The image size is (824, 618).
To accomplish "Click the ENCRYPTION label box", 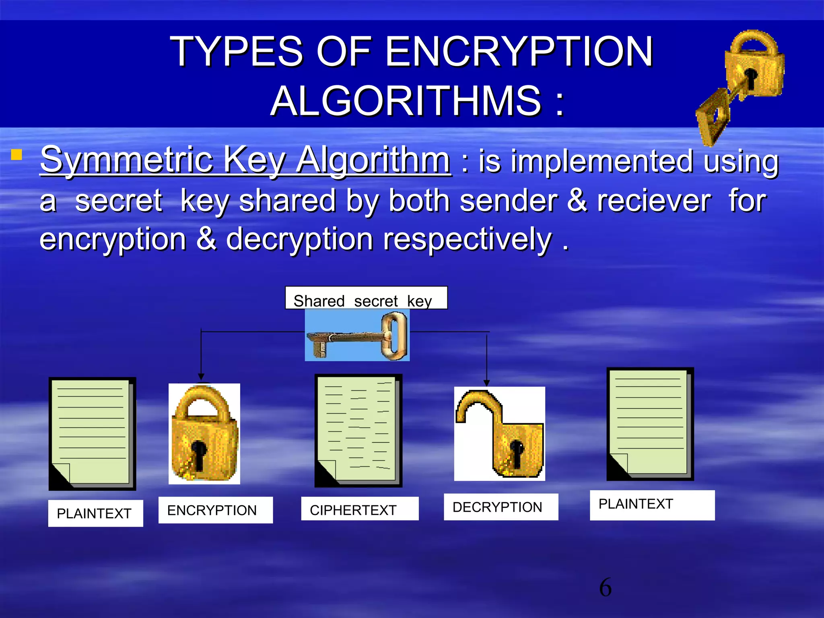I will (x=215, y=510).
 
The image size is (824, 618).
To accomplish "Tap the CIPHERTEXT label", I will (x=360, y=509).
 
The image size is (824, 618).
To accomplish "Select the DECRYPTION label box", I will (x=501, y=507).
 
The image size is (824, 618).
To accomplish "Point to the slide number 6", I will (x=605, y=587).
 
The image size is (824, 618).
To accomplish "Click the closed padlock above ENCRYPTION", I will (x=204, y=434).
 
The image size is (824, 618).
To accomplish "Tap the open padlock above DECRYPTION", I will (x=500, y=434).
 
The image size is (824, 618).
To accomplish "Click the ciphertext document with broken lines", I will (x=358, y=430).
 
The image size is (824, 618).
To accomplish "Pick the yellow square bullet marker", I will (x=16, y=155).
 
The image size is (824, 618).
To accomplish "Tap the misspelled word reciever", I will (x=654, y=201).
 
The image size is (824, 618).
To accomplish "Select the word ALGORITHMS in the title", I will (x=406, y=101).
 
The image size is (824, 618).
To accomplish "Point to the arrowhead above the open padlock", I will (x=486, y=383).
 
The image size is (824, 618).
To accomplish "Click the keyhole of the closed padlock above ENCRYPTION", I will (x=198, y=453).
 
